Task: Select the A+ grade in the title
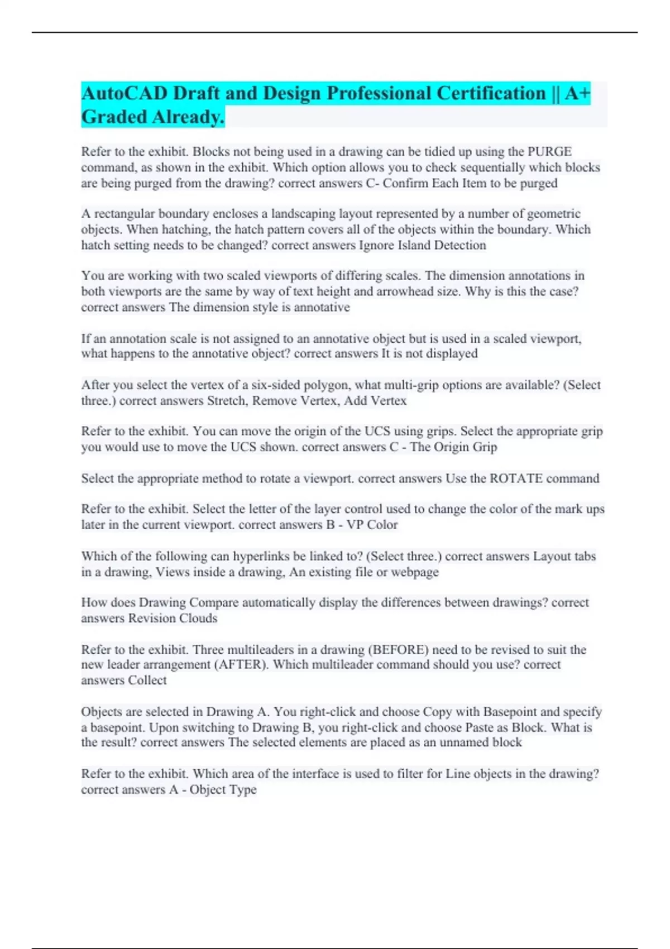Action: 577,93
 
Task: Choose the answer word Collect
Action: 147,680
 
